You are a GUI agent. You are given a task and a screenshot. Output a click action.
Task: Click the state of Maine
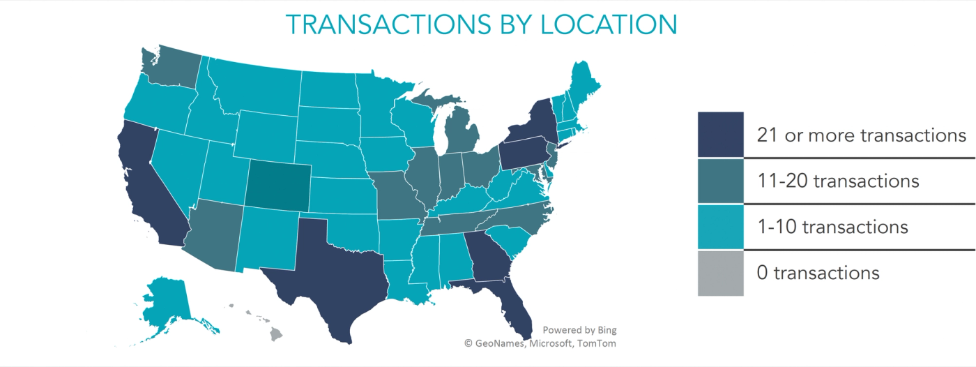(x=582, y=84)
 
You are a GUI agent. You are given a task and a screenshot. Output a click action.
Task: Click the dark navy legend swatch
(x=721, y=135)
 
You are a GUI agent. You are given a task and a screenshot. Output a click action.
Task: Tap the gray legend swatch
(x=721, y=273)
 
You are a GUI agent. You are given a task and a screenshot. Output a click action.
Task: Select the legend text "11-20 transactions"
(x=838, y=181)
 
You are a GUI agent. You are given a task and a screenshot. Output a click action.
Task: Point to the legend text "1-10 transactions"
(x=832, y=227)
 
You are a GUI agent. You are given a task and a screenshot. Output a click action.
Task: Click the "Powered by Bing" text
(x=579, y=330)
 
